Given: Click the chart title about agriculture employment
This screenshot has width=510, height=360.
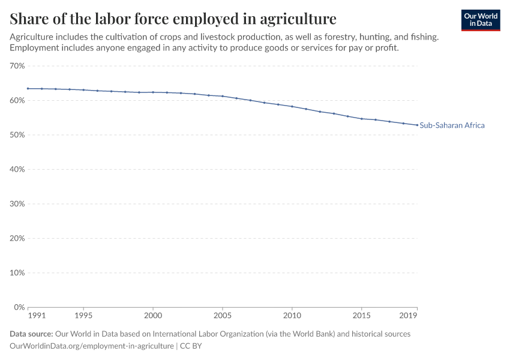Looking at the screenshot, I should click(173, 17).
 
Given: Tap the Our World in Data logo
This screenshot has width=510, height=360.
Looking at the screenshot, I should click(481, 20).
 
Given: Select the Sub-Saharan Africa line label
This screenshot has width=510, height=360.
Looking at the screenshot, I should click(452, 125).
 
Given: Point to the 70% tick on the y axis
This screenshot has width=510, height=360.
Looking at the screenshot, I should click(17, 66).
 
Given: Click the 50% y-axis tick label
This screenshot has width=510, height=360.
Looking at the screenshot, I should click(17, 135).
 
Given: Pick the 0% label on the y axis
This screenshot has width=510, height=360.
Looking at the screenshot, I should click(19, 307).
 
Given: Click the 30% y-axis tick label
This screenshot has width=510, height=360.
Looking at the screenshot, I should click(17, 204).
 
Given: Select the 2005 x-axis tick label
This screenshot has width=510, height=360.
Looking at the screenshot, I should click(223, 316).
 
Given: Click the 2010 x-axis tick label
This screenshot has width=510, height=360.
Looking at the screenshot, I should click(292, 316).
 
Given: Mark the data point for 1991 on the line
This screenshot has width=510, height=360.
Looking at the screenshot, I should click(28, 89).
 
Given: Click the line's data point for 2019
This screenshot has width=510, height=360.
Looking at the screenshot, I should click(417, 125).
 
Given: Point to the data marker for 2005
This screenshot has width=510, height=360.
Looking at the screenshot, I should click(223, 96).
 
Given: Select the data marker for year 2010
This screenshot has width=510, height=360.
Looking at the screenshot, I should click(292, 106).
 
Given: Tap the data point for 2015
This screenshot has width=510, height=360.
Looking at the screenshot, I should click(361, 119).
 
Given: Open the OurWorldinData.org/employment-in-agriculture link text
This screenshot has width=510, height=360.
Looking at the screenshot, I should click(92, 346).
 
